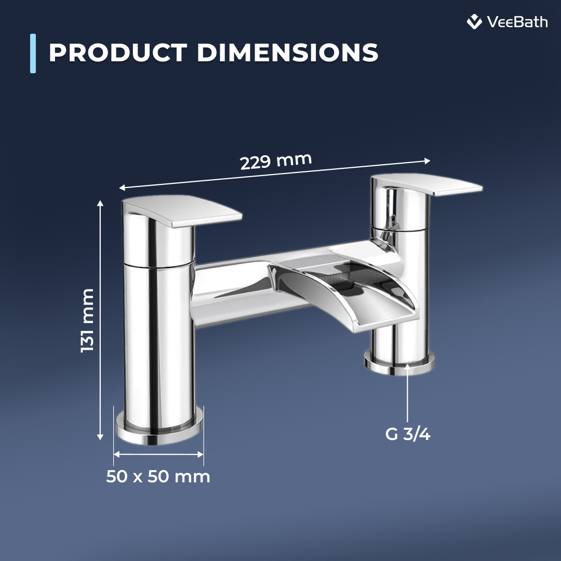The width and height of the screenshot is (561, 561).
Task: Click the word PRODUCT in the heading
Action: click(118, 53)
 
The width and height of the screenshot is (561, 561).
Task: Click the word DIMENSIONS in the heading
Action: click(287, 53)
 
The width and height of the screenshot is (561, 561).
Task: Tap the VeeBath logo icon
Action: click(474, 22)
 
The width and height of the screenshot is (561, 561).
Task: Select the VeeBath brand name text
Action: click(517, 22)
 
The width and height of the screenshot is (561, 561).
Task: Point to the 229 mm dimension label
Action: click(276, 161)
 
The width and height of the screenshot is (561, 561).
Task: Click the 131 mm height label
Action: click(88, 320)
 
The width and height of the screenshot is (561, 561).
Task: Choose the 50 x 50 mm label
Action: click(158, 476)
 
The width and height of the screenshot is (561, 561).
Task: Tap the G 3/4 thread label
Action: click(408, 434)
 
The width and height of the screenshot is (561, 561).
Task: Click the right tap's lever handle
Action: click(436, 185)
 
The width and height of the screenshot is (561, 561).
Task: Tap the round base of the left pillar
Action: click(159, 429)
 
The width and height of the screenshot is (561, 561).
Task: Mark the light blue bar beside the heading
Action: click(33, 53)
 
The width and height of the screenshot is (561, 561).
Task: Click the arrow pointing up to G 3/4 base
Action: click(408, 395)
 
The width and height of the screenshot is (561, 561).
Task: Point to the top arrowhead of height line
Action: click(100, 203)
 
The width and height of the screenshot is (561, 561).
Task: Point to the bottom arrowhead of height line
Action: click(100, 438)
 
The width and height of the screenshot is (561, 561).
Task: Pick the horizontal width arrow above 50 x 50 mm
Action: click(158, 454)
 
